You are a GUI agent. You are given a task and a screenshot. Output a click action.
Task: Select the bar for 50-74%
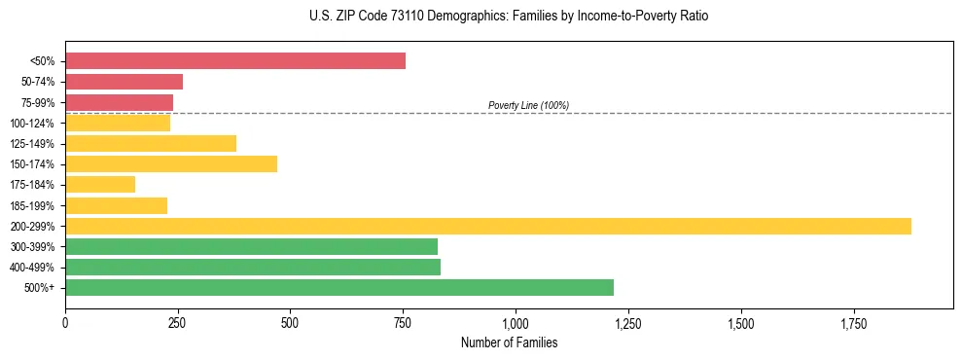124,82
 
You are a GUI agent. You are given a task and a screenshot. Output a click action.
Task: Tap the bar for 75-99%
119,102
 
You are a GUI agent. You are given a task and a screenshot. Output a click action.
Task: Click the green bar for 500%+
339,287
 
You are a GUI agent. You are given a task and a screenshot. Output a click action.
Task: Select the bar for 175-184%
100,185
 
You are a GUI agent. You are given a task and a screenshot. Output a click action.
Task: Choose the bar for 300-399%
251,246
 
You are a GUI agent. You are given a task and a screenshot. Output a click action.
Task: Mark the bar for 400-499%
253,267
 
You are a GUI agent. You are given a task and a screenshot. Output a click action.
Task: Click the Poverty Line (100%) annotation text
528,105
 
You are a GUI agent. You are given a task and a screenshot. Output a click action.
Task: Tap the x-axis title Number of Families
509,342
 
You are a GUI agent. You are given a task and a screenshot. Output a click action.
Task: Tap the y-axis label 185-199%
35,205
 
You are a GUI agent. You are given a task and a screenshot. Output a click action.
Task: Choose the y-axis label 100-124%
35,124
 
